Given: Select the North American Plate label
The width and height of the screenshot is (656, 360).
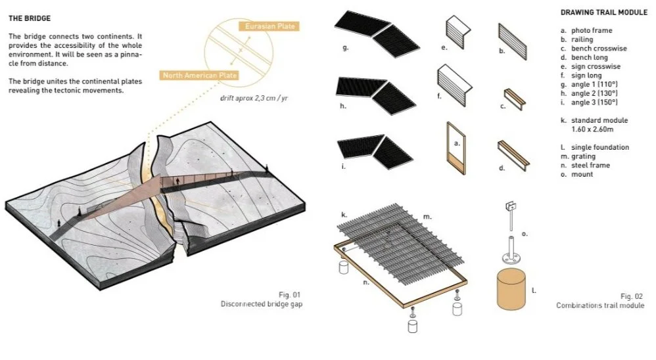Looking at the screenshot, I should [200, 76].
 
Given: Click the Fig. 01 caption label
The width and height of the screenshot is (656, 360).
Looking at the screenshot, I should [289, 294].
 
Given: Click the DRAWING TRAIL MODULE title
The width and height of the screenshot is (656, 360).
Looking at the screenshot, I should [603, 12].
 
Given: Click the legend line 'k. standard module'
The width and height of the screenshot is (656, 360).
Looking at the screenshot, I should [594, 121].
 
